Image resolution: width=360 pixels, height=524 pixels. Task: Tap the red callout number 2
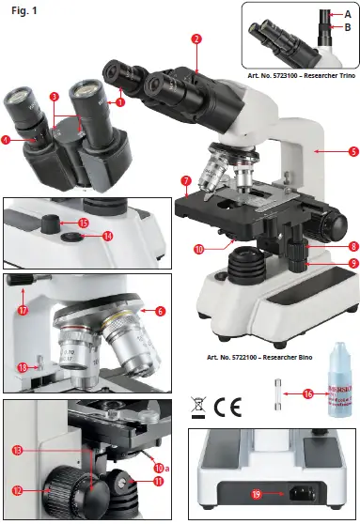pyautogui.click(x=196, y=39)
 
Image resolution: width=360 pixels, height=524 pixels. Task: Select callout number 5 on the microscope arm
pyautogui.click(x=326, y=150)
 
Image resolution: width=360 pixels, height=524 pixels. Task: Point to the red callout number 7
pyautogui.click(x=186, y=179)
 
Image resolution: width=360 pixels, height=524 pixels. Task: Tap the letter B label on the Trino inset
pyautogui.click(x=347, y=28)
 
